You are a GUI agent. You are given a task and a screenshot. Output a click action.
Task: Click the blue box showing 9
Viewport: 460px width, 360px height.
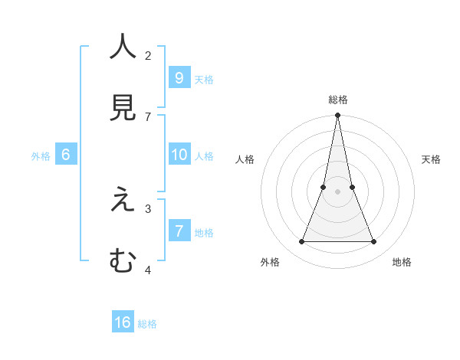[x=179, y=77]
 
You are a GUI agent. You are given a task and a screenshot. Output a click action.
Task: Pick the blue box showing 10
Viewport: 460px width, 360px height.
[x=179, y=155]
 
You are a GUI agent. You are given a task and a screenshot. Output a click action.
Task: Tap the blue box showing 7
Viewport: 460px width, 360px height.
[x=179, y=231]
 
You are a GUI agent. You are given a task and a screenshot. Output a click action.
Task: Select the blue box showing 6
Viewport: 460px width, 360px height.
[x=66, y=155]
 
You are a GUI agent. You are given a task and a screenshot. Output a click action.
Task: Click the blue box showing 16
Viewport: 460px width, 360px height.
[x=123, y=322]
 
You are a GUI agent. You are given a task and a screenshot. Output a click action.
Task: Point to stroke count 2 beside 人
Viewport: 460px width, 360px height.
[x=148, y=55]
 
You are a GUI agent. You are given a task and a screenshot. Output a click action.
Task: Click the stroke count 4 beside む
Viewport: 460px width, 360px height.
[x=148, y=270]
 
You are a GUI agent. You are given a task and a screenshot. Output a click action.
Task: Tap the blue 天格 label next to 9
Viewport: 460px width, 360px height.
[x=204, y=80]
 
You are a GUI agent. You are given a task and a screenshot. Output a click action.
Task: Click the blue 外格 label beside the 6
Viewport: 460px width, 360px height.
[x=41, y=156]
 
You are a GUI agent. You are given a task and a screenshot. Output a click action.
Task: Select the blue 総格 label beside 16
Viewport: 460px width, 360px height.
[x=147, y=324]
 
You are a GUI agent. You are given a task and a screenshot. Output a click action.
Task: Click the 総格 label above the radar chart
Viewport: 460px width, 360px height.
[x=337, y=100]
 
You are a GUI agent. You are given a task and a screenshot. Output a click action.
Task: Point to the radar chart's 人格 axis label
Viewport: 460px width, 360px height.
[x=245, y=159]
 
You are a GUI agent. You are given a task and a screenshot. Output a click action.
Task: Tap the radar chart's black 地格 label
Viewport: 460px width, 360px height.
[x=402, y=262]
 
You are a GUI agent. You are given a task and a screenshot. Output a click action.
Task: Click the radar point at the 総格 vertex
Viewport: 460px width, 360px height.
[x=337, y=116]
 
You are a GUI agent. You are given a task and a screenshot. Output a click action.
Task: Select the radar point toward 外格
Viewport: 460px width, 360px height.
[x=301, y=242]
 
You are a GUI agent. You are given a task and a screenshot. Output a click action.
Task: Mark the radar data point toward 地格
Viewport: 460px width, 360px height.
[x=373, y=242]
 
